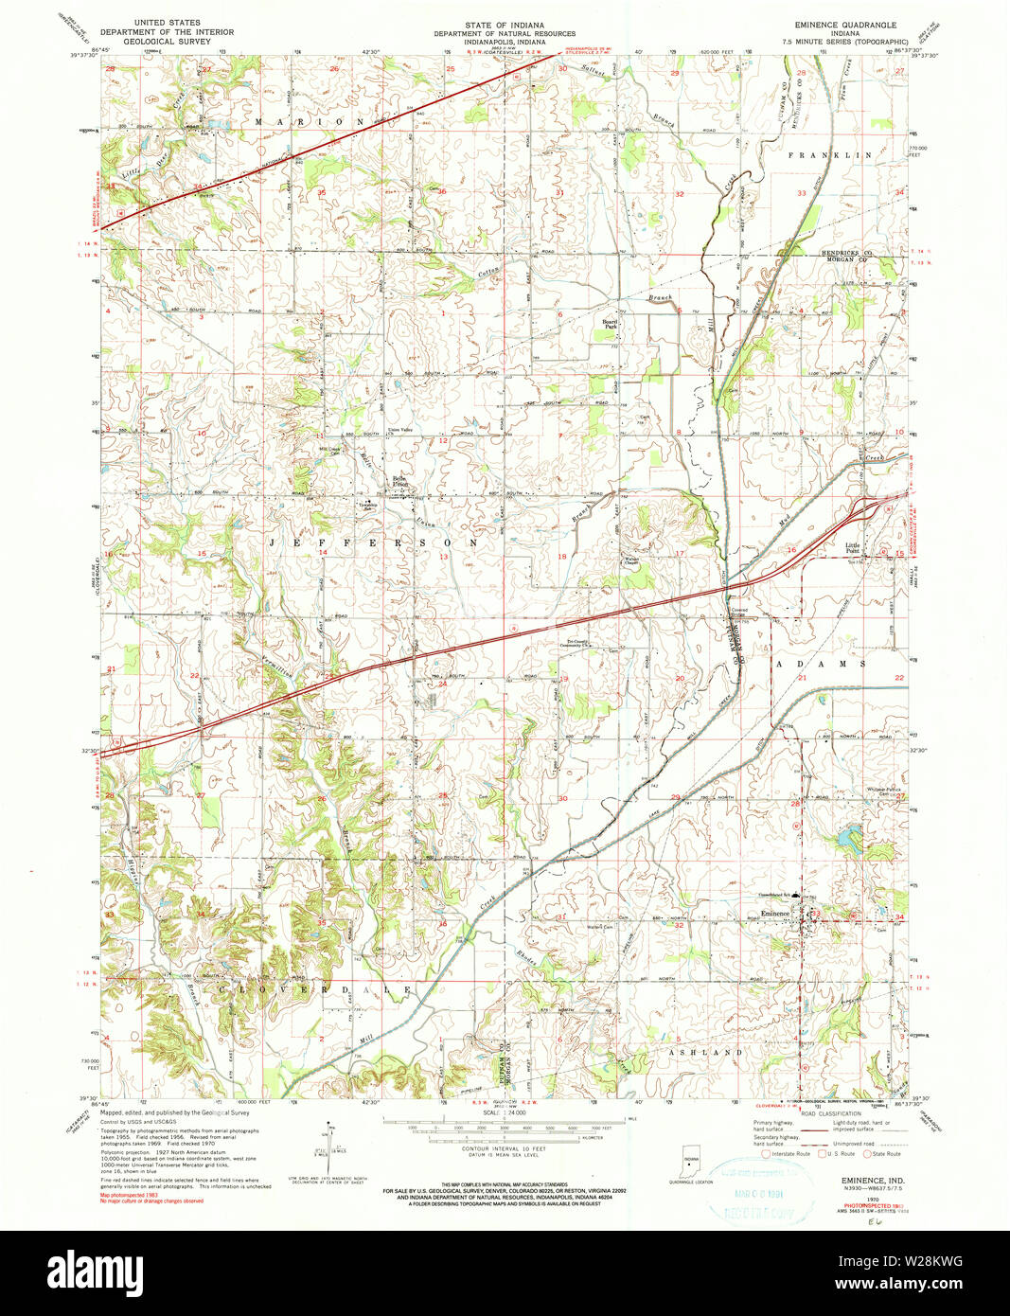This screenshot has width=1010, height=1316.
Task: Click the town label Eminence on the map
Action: [774, 913]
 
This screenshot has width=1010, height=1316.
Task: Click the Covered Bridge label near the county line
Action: [738, 613]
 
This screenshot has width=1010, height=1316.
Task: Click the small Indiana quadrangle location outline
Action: [689, 1161]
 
